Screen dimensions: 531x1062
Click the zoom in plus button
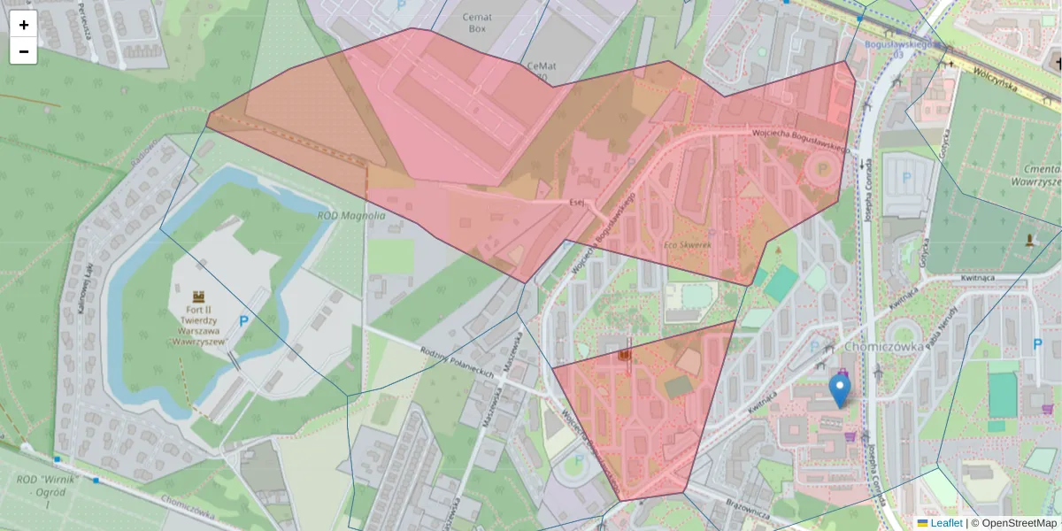tap(24, 25)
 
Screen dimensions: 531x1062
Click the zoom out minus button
tap(24, 51)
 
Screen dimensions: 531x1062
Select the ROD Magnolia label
tap(351, 215)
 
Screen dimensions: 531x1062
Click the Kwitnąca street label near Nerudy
tap(978, 277)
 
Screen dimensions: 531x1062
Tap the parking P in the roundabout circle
tap(822, 167)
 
